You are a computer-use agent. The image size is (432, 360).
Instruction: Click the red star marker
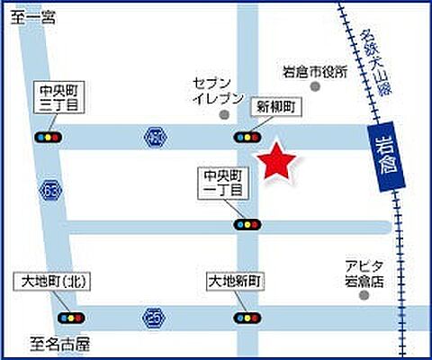point(279,161)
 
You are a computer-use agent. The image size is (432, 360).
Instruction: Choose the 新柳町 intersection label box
point(276,107)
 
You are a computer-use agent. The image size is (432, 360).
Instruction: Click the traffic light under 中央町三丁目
point(49,137)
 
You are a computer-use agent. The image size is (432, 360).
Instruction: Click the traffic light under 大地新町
point(246,318)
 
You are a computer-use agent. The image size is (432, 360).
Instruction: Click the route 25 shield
point(153,316)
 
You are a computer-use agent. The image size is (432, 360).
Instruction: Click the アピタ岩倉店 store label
point(364,274)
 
